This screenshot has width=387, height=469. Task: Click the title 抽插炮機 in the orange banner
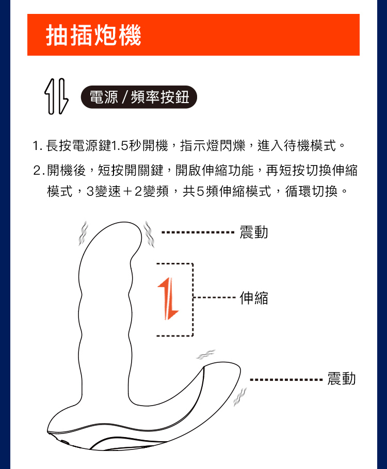[93, 35]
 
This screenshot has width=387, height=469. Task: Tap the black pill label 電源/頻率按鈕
[139, 97]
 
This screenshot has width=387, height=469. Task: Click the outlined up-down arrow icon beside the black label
[57, 97]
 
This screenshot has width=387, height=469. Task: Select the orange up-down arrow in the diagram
[168, 297]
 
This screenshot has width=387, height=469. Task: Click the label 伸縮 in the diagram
[254, 297]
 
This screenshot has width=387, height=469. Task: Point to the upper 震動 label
[254, 232]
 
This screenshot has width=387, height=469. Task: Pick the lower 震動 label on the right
[342, 379]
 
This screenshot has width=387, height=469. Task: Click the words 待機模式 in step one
[309, 146]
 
